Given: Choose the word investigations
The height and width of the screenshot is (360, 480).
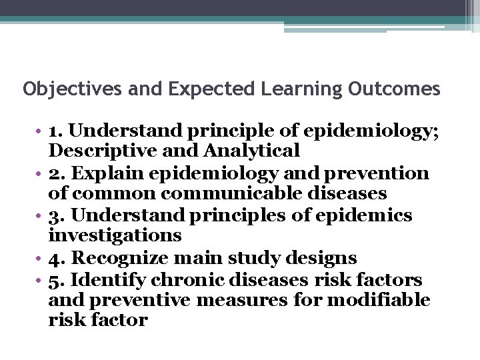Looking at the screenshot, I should (115, 235).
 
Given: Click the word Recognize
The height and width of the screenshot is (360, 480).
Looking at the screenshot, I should (124, 258).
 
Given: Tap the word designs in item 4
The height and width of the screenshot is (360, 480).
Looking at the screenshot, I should (327, 258).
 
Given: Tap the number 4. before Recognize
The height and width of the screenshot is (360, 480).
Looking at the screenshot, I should (57, 258).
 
